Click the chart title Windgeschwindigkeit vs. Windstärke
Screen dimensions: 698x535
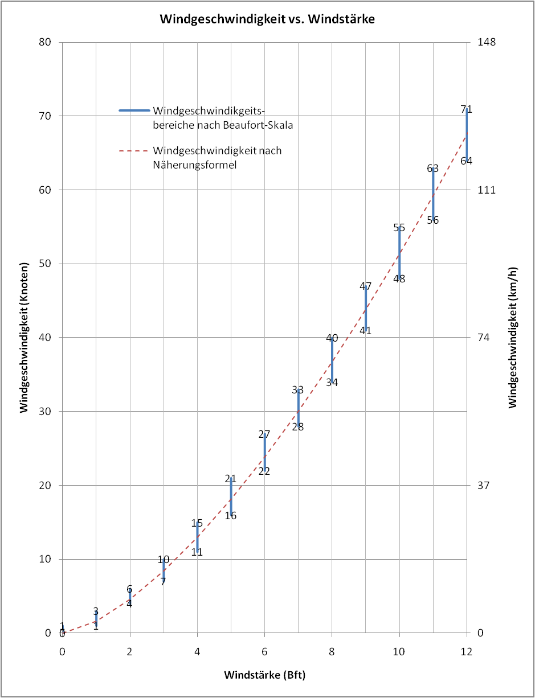pyautogui.click(x=267, y=19)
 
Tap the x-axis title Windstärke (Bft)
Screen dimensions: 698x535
pyautogui.click(x=264, y=675)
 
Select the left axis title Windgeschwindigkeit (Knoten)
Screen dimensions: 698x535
pyautogui.click(x=24, y=337)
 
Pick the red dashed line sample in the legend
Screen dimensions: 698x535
pyautogui.click(x=134, y=151)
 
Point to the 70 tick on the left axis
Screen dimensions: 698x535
pyautogui.click(x=46, y=116)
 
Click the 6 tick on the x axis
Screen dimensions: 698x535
pyautogui.click(x=264, y=651)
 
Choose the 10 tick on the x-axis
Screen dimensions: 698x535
pyautogui.click(x=399, y=651)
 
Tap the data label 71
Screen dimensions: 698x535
pyautogui.click(x=467, y=109)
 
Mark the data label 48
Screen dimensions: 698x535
pyautogui.click(x=399, y=279)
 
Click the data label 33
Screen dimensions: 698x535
pyautogui.click(x=298, y=390)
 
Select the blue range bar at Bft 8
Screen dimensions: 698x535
pyautogui.click(x=332, y=360)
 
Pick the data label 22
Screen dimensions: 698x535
pyautogui.click(x=264, y=471)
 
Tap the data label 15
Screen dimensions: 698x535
pyautogui.click(x=197, y=523)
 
